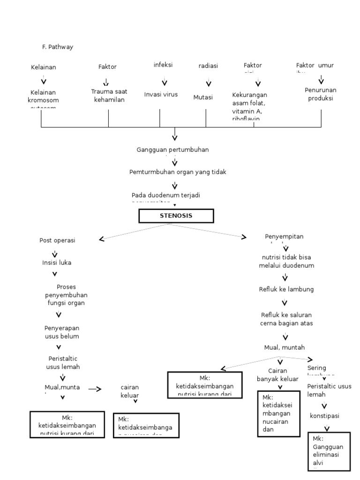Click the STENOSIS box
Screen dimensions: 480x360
[x=176, y=216]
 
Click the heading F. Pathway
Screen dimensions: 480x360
[x=57, y=47]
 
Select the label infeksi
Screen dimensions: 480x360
[x=163, y=65]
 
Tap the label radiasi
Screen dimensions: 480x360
[x=208, y=66]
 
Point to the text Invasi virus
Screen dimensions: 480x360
[x=161, y=94]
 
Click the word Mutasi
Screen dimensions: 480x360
[x=203, y=97]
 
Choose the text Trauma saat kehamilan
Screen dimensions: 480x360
[x=109, y=95]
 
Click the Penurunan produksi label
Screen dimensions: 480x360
[x=320, y=94]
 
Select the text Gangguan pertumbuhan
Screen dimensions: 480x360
[x=172, y=149]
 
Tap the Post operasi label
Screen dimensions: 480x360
[x=57, y=240]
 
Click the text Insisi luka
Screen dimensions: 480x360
[x=57, y=262]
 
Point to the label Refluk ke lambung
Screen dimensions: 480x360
[x=286, y=289]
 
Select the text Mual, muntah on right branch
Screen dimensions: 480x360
[x=284, y=347]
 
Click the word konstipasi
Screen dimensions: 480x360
[x=324, y=416]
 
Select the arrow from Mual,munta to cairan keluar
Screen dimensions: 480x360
[x=95, y=389]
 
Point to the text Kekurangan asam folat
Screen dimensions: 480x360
[x=249, y=99]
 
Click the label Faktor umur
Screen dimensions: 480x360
[x=315, y=66]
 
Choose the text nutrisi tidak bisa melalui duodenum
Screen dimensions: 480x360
[x=286, y=262]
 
